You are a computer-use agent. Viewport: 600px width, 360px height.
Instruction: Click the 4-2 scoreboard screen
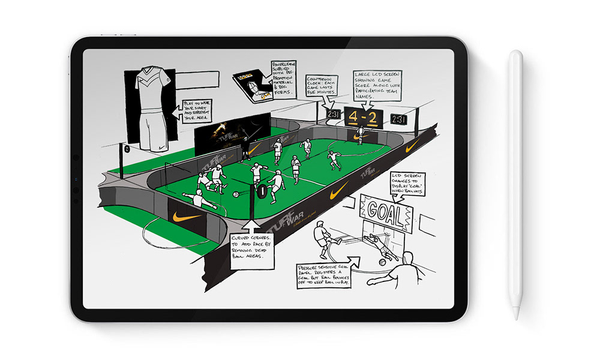tap(364, 117)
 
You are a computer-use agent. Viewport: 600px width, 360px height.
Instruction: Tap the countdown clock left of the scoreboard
tap(333, 115)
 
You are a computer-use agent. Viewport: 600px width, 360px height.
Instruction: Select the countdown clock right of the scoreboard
tap(398, 119)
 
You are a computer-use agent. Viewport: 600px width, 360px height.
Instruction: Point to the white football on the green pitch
tap(236, 194)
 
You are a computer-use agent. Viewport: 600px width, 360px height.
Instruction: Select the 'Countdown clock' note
tap(321, 86)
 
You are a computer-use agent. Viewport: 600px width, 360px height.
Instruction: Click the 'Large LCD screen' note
tap(377, 86)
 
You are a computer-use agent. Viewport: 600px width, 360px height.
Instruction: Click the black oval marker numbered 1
tap(261, 192)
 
